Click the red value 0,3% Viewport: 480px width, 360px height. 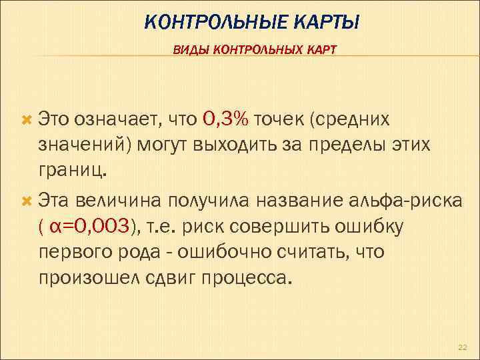[225, 119]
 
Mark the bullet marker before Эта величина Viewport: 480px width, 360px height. [27, 198]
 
